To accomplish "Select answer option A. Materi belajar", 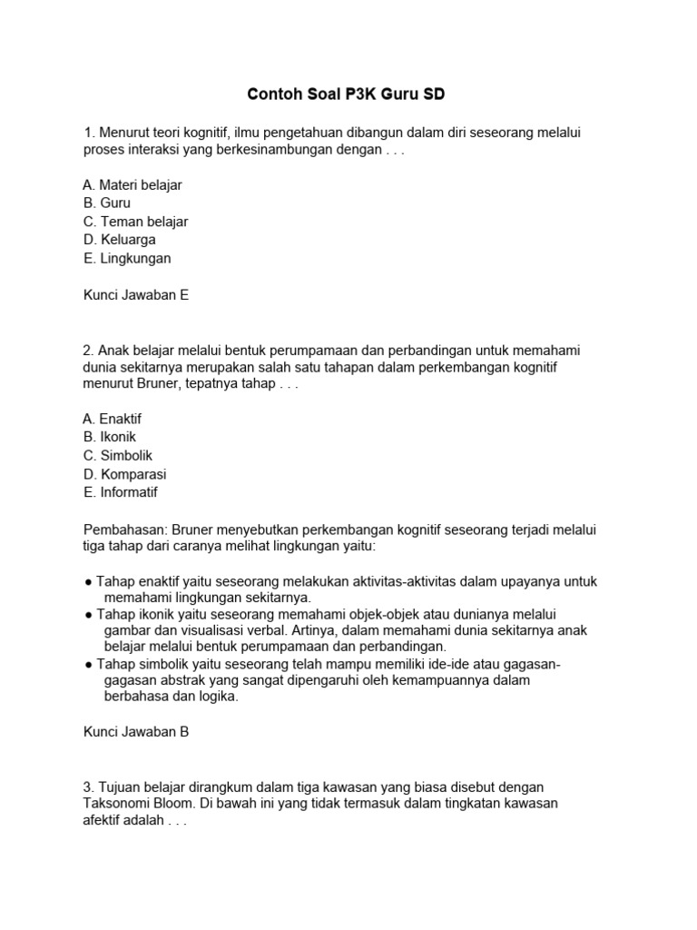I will coord(133,185).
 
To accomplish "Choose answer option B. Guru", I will coord(107,203).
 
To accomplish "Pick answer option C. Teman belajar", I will coord(135,222).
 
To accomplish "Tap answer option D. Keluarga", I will coord(120,240).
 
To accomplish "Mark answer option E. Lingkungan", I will coord(127,258).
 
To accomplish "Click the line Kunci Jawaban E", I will coord(136,295).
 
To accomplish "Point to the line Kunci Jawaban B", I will coord(136,731).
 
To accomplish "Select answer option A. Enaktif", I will coord(113,419).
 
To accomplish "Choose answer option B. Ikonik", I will coord(110,437).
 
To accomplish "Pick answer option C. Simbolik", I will coord(118,456).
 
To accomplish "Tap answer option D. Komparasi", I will coord(124,474).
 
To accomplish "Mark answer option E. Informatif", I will coord(121,492).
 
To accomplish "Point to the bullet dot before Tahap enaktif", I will coord(88,582).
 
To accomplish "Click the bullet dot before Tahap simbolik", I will coord(88,664).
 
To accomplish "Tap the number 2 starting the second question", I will coord(87,350).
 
